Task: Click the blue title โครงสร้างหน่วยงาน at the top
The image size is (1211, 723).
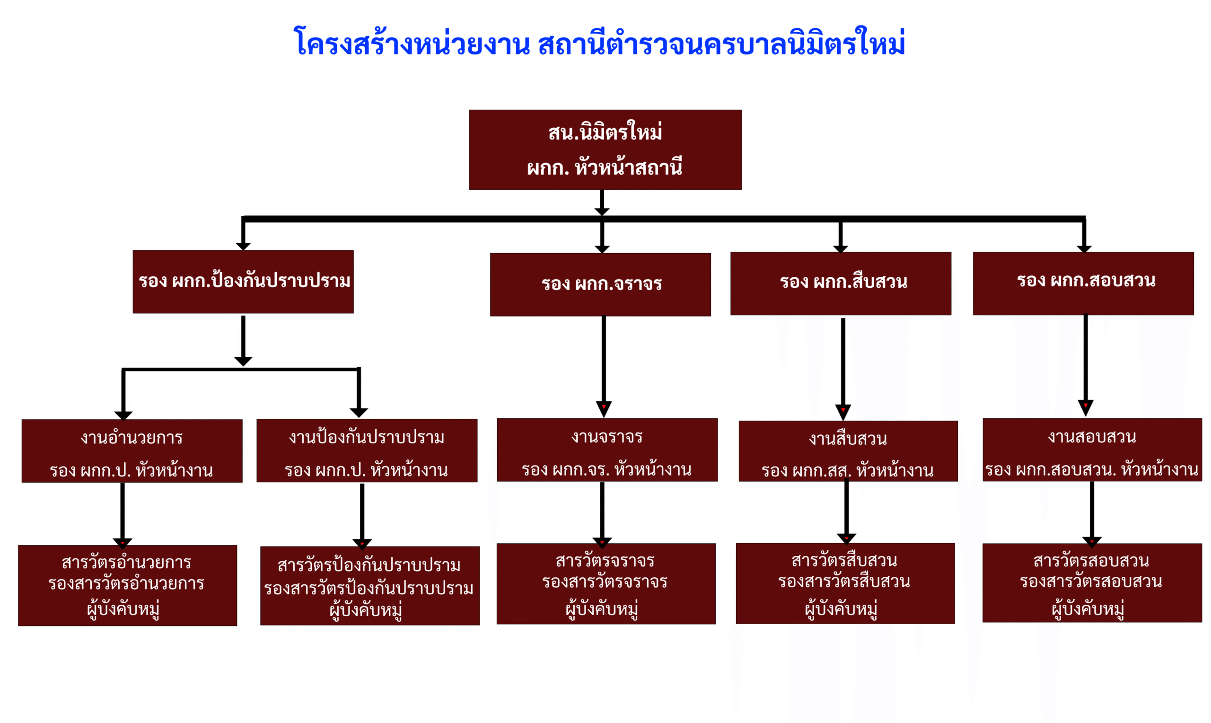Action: [x=412, y=43]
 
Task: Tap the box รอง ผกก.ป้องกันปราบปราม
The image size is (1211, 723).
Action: [x=243, y=282]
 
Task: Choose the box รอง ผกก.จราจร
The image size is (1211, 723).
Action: [x=600, y=284]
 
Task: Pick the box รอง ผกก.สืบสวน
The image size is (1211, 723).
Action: [x=841, y=283]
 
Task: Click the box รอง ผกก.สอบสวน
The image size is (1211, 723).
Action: [x=1083, y=283]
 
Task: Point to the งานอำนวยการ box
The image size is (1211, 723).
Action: [x=132, y=450]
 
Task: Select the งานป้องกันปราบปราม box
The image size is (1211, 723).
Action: [x=367, y=450]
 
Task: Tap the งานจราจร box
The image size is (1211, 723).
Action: [x=607, y=450]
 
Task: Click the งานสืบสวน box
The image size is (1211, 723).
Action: [x=848, y=451]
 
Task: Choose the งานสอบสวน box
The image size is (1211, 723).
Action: [x=1092, y=450]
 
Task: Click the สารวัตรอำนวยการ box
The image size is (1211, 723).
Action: [x=128, y=585]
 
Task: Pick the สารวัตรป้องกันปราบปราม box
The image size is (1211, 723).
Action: [x=369, y=586]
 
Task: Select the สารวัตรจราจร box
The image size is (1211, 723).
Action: [x=606, y=584]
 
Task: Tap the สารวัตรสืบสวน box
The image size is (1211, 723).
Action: [x=845, y=583]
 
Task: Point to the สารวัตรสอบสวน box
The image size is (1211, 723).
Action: [x=1092, y=582]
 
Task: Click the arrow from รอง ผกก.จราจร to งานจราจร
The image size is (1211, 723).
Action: [x=603, y=365]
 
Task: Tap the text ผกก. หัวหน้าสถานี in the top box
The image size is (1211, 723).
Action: [x=604, y=168]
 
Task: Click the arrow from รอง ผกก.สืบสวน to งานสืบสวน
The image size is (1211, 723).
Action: [x=843, y=368]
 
